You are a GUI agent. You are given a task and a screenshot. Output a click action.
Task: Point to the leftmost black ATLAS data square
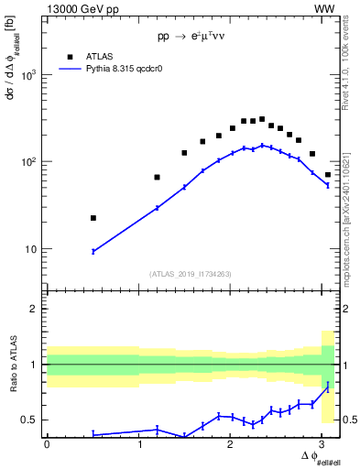[93, 218]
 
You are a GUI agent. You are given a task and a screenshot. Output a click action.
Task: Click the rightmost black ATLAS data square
[328, 174]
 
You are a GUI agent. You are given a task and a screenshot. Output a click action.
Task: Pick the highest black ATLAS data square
[262, 119]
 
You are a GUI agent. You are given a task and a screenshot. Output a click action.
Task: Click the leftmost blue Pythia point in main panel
[93, 251]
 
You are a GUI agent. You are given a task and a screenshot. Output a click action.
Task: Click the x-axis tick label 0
[47, 444]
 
